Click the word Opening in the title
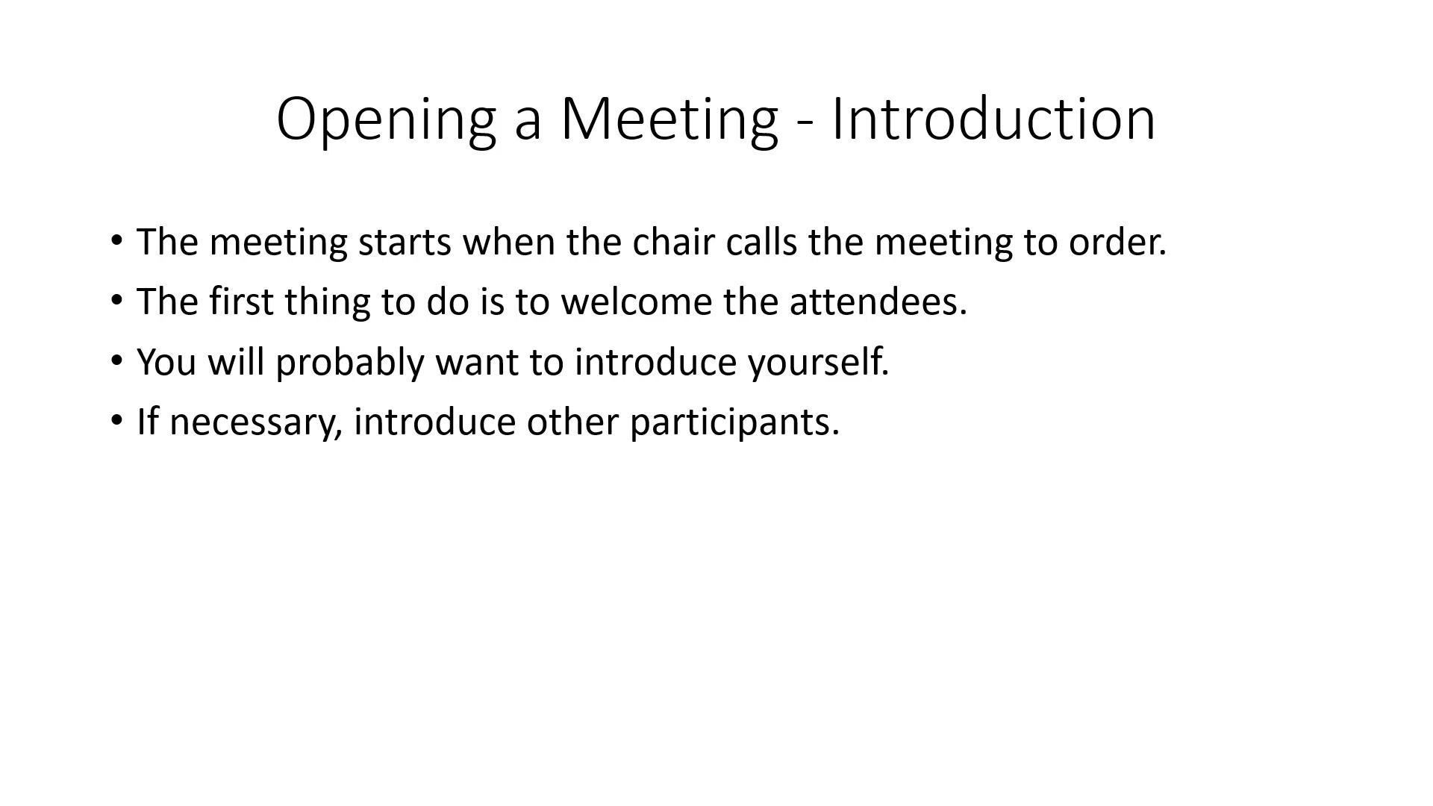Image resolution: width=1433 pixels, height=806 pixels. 387,119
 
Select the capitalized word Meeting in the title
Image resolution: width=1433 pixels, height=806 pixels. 669,119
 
